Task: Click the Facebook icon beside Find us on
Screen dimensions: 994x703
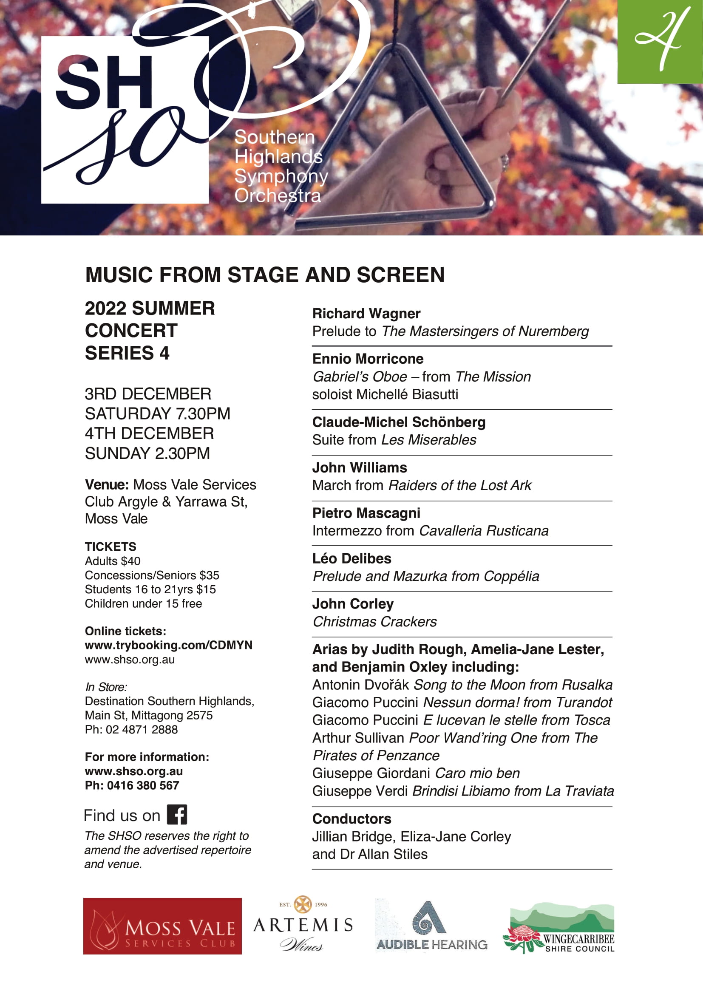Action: click(177, 814)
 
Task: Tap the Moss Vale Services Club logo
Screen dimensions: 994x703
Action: click(162, 926)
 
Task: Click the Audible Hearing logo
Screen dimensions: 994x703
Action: click(431, 926)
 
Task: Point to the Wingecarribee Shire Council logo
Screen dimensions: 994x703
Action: click(558, 928)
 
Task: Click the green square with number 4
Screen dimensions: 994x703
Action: click(660, 42)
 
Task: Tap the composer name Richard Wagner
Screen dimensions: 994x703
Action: click(366, 314)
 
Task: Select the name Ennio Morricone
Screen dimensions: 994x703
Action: click(368, 359)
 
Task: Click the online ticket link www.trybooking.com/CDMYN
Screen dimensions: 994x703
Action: click(168, 645)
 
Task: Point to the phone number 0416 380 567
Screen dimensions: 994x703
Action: click(143, 785)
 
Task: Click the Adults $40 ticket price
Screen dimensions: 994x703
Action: click(113, 561)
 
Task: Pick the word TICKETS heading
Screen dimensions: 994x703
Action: click(111, 547)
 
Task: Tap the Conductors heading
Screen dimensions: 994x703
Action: click(351, 818)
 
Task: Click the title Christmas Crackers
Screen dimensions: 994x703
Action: click(374, 622)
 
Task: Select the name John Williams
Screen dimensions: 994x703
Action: click(359, 467)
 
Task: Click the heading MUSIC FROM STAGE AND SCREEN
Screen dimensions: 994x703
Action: click(265, 275)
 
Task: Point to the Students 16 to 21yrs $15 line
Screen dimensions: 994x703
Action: click(150, 589)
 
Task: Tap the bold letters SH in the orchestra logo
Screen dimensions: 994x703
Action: click(104, 82)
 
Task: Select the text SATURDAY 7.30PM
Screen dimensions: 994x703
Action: click(158, 414)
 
